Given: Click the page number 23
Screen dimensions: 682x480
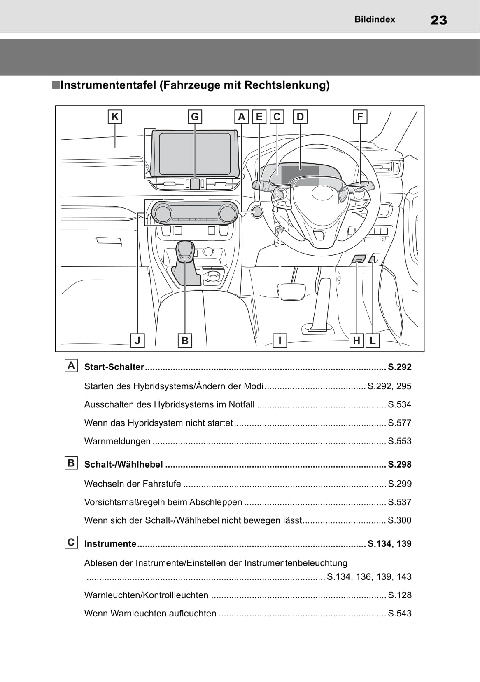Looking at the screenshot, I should click(438, 20).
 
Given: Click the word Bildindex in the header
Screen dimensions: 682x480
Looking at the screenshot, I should click(374, 19).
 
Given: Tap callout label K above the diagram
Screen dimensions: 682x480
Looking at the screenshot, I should click(115, 117).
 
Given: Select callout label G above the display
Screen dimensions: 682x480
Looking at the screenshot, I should click(195, 117).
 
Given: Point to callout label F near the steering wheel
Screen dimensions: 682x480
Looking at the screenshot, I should click(360, 117).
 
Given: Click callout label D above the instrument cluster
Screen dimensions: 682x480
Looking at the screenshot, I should click(300, 117).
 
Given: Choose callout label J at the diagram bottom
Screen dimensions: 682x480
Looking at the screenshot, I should click(137, 341).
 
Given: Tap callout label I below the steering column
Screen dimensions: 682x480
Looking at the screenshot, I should click(280, 341).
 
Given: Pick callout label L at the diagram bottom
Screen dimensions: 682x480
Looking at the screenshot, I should click(373, 341).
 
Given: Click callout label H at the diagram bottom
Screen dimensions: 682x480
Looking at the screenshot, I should click(357, 341).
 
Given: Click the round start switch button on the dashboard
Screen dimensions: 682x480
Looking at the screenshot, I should click(256, 212).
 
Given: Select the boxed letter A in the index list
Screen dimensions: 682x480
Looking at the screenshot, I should click(71, 366).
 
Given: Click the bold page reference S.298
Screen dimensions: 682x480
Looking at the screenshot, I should click(399, 464).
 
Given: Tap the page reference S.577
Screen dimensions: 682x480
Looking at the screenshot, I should click(399, 423).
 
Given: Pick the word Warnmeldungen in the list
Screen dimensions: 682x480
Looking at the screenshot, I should click(117, 441).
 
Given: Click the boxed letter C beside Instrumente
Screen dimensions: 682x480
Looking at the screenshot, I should click(71, 542).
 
